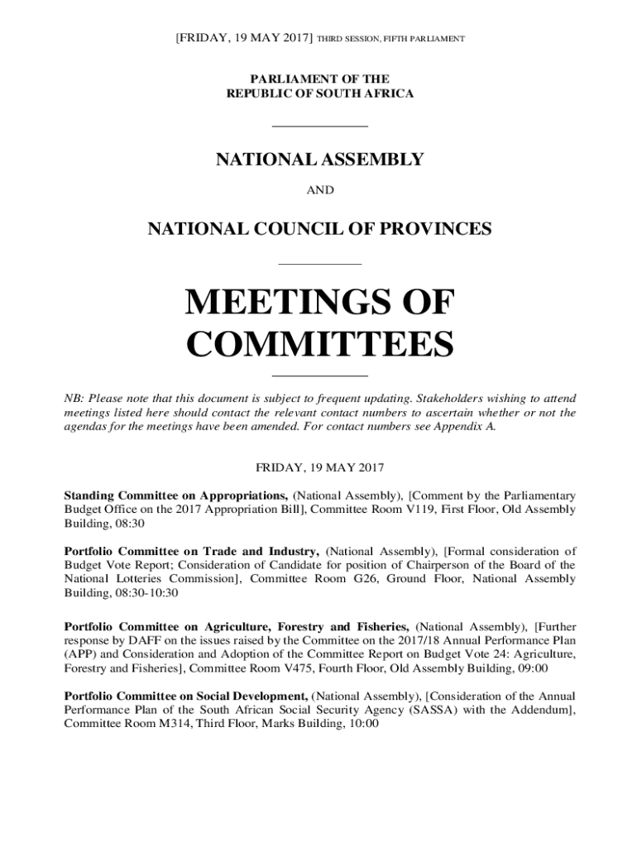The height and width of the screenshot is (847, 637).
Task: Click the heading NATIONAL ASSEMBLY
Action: (319, 160)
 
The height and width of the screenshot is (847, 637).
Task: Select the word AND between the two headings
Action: (320, 190)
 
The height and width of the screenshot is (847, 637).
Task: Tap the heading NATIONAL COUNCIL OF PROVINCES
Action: (319, 229)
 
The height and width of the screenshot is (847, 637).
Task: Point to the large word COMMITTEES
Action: (319, 344)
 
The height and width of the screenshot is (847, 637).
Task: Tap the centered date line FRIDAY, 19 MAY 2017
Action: (319, 467)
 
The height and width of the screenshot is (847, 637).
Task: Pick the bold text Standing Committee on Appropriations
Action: (177, 495)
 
